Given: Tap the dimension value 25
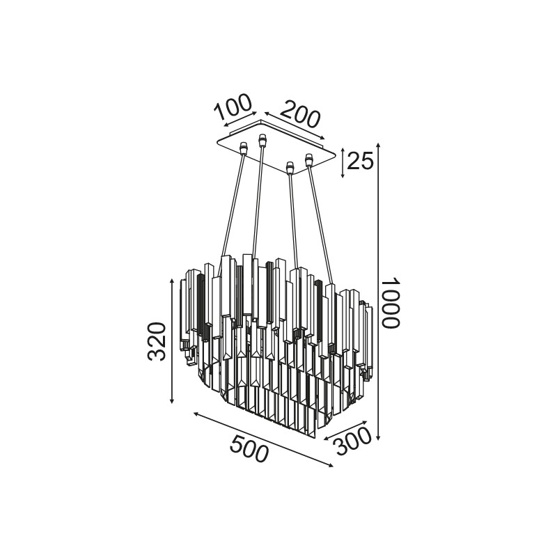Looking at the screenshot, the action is click(x=360, y=161).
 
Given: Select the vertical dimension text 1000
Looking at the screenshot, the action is click(x=391, y=302).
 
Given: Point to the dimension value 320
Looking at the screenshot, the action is click(x=157, y=342).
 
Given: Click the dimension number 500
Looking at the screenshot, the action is click(x=249, y=448).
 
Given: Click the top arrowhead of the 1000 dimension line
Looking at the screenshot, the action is click(x=379, y=145).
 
